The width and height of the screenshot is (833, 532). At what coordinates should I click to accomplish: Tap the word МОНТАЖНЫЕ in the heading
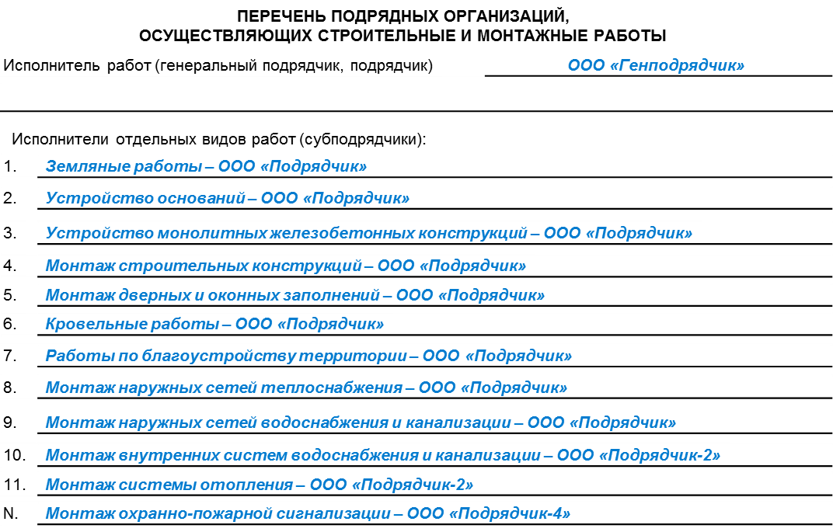pos(532,36)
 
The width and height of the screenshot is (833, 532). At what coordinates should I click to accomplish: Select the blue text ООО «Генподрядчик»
pos(656,65)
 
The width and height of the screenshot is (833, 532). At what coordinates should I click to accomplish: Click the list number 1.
pos(9,166)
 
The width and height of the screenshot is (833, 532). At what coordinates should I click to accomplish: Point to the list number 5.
pos(10,294)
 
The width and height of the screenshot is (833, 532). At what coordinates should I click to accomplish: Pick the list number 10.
pos(14,455)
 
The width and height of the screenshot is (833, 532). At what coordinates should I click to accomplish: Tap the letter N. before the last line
pos(11,513)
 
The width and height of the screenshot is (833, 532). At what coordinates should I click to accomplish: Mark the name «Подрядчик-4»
pos(510,513)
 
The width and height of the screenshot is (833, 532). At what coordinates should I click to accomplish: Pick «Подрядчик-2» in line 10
pos(660,455)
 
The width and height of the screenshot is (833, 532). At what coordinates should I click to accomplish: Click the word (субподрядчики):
pos(363,140)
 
